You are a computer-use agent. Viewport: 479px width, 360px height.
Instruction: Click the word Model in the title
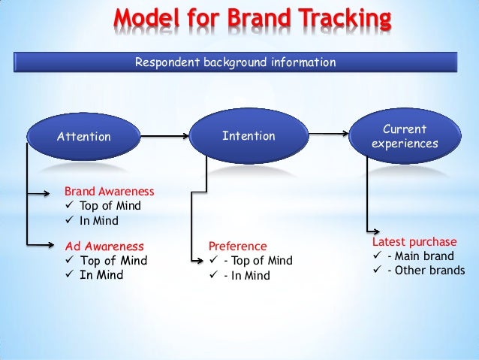pyautogui.click(x=148, y=18)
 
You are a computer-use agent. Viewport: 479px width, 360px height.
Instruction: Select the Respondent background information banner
pyautogui.click(x=234, y=62)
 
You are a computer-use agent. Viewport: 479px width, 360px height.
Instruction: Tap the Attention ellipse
pyautogui.click(x=83, y=137)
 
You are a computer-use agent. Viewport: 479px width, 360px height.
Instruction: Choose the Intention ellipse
pyautogui.click(x=249, y=136)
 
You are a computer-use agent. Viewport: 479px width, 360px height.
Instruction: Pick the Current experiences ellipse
pyautogui.click(x=405, y=136)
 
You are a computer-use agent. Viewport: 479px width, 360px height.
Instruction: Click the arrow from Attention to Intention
pyautogui.click(x=165, y=137)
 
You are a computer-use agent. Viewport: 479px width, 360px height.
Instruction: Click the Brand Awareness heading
pyautogui.click(x=109, y=192)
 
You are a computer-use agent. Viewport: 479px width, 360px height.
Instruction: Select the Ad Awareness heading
pyautogui.click(x=104, y=246)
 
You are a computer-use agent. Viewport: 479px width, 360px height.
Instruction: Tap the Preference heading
pyautogui.click(x=237, y=246)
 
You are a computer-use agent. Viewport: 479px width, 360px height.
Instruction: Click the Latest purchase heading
pyautogui.click(x=414, y=242)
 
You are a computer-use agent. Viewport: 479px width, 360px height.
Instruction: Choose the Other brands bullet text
pyautogui.click(x=426, y=271)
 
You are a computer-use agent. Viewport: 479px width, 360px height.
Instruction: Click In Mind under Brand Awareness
pyautogui.click(x=99, y=221)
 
